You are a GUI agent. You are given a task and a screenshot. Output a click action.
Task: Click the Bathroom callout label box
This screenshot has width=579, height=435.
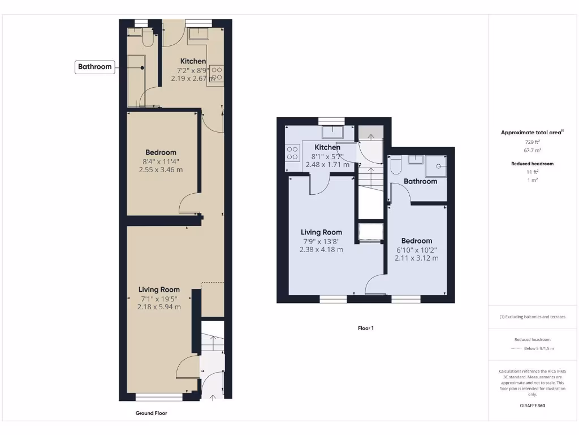click(94, 67)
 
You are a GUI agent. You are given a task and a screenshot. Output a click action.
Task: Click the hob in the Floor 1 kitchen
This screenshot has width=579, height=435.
click(292, 153)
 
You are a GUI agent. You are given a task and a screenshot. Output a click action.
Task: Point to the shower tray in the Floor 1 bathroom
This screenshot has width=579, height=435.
click(436, 165)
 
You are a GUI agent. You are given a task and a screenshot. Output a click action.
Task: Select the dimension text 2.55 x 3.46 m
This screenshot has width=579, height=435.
click(161, 169)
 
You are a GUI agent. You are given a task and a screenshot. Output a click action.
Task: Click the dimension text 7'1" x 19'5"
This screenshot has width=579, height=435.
click(159, 298)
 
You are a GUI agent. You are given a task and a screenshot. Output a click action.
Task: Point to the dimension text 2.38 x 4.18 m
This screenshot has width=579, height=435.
click(321, 249)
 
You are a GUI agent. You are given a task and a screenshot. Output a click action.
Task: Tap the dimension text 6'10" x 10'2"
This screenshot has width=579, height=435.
click(416, 250)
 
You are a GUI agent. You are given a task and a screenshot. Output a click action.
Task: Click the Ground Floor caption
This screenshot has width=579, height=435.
click(151, 413)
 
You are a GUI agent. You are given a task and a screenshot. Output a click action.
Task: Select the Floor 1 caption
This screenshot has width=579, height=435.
click(366, 328)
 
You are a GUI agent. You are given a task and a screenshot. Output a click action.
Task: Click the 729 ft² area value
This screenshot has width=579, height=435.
click(532, 142)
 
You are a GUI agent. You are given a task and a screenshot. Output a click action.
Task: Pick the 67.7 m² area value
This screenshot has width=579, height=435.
click(532, 150)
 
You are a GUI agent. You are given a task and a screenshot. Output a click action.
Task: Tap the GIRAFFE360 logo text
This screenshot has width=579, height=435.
click(532, 406)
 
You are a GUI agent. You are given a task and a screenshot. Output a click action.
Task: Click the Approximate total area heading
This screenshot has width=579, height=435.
click(532, 133)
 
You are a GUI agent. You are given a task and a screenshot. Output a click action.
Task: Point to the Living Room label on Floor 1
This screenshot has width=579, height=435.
click(321, 232)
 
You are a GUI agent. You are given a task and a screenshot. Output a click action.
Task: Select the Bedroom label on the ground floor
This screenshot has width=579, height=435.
click(161, 152)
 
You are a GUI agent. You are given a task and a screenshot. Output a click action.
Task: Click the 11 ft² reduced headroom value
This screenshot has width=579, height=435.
click(532, 172)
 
